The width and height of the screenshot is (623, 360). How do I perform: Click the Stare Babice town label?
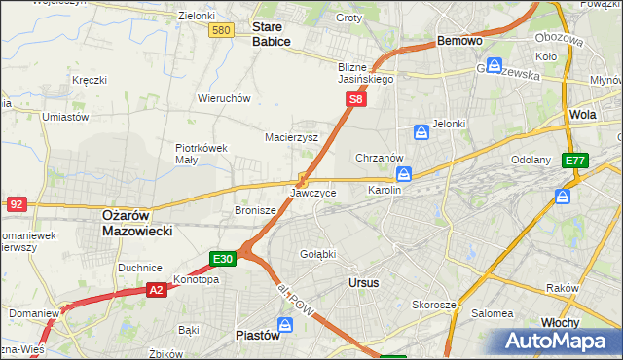(x=272, y=34)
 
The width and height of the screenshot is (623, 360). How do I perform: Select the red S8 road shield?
(x=357, y=99)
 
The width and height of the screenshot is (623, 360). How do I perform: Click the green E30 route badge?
(x=223, y=259)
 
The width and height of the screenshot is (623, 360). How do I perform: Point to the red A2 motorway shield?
(x=157, y=289)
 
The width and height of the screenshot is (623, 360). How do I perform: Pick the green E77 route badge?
(x=575, y=160)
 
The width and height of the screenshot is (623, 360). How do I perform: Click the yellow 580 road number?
(x=221, y=31)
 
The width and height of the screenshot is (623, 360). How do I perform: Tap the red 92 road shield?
(x=16, y=204)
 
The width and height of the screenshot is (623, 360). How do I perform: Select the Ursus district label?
(x=363, y=282)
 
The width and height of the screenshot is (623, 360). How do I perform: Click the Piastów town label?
(x=258, y=335)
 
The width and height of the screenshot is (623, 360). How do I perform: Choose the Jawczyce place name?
(x=312, y=194)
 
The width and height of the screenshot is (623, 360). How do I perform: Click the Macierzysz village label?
(x=292, y=137)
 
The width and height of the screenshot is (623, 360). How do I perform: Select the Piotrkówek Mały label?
(x=201, y=154)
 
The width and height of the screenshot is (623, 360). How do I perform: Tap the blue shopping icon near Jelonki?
(x=421, y=131)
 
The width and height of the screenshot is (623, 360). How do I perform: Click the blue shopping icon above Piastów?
(x=285, y=324)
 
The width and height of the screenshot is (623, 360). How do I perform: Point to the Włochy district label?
(x=561, y=322)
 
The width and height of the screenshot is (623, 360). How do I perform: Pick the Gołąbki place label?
(x=318, y=254)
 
